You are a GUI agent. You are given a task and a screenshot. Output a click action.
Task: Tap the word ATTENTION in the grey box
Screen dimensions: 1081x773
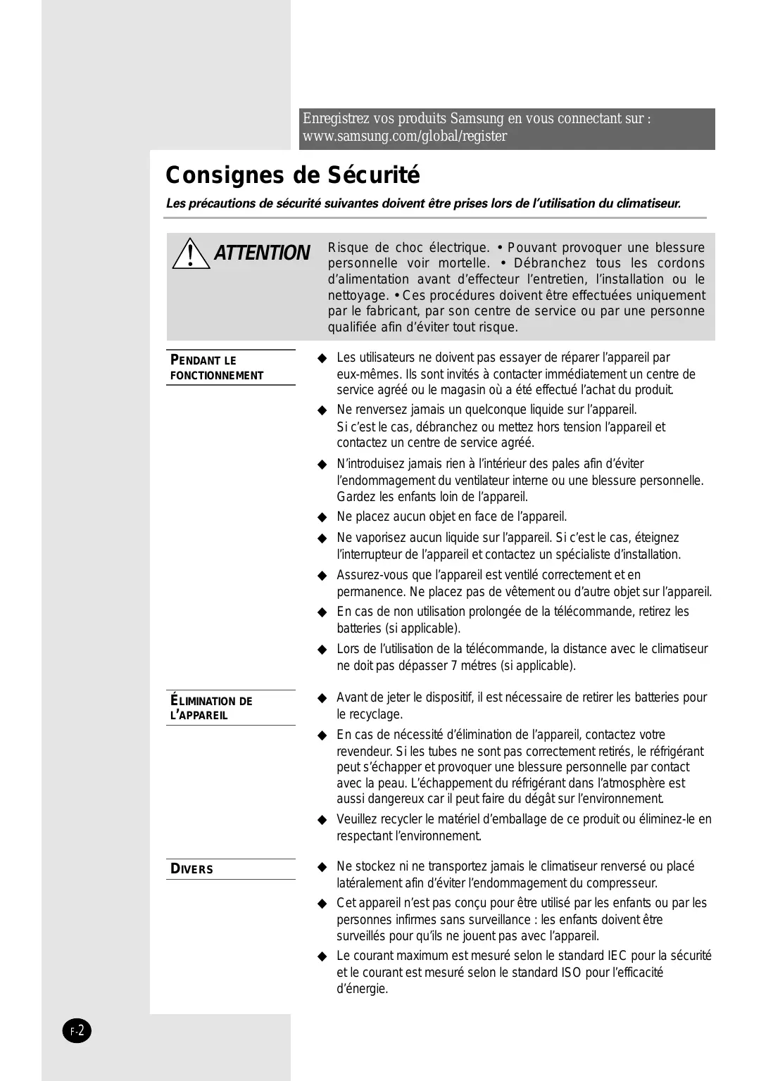pos(262,253)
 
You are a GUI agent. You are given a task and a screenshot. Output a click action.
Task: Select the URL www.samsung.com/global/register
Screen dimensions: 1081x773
pos(404,137)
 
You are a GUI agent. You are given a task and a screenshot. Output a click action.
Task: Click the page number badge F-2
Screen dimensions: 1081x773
pos(77,1032)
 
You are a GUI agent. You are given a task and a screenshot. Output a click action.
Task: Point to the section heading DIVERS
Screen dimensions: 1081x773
pos(191,869)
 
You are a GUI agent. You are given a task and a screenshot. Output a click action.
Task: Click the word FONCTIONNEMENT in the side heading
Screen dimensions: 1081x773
pos(217,376)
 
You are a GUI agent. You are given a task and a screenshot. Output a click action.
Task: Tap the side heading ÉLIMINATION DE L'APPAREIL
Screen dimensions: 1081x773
pos(211,708)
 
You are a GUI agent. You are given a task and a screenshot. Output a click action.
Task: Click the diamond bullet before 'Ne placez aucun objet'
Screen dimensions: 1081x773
pos(322,517)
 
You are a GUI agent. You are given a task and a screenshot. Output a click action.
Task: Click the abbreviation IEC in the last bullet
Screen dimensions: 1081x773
pos(617,956)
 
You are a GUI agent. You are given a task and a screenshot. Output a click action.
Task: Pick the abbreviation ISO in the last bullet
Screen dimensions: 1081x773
pos(570,973)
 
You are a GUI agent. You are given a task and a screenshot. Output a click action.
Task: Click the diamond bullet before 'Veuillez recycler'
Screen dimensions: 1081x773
pos(322,820)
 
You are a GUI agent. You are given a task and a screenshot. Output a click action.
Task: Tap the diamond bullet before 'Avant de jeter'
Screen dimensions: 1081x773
pos(322,698)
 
